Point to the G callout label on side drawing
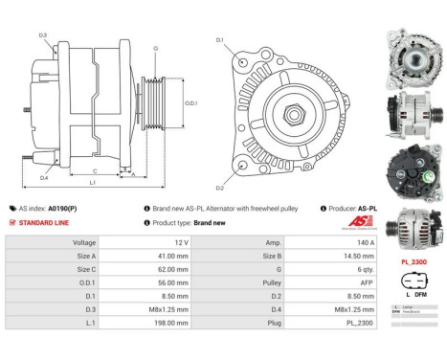pos(156,48)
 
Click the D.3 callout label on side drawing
pos(43,35)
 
